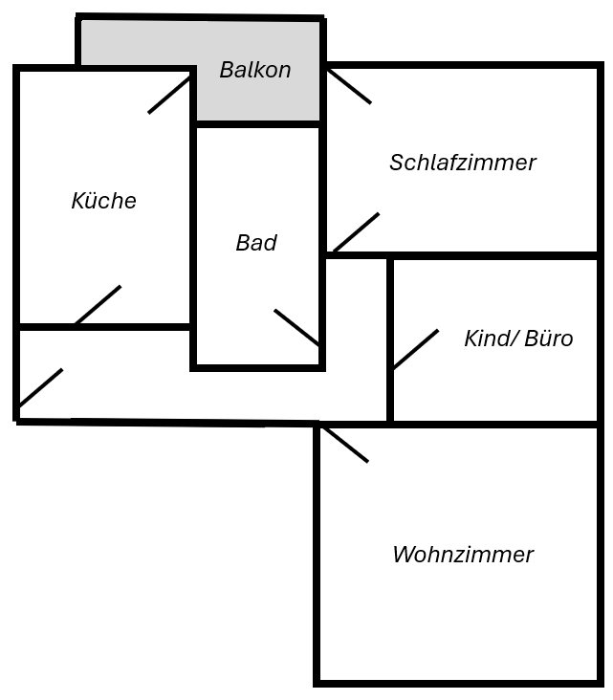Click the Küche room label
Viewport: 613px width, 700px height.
(x=103, y=201)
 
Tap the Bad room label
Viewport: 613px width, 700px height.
(x=256, y=243)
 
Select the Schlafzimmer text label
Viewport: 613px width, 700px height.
(x=462, y=163)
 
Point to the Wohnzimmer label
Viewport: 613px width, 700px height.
(x=463, y=555)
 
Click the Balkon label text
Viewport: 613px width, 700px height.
(x=255, y=70)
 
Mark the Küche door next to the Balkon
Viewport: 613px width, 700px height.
(x=170, y=95)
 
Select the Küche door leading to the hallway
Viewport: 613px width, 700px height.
(x=98, y=305)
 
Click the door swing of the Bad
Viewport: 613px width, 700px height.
(x=296, y=327)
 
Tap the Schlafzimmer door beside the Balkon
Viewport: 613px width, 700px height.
(x=348, y=85)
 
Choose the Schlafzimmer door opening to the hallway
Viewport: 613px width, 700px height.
(x=355, y=232)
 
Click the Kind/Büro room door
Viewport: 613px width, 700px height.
(x=415, y=349)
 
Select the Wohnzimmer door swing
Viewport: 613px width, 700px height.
(x=345, y=445)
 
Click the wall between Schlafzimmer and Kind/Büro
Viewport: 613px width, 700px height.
(x=494, y=255)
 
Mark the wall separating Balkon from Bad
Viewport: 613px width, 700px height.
(x=257, y=123)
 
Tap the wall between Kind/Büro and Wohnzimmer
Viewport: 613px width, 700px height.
(x=494, y=423)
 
